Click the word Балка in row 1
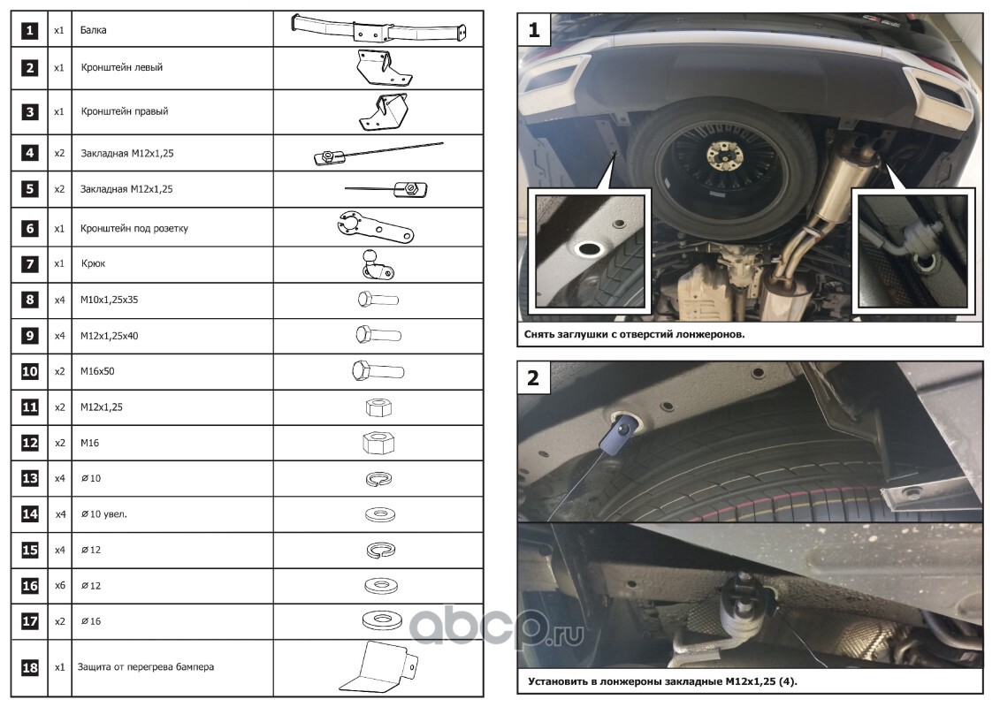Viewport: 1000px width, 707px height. click(x=93, y=30)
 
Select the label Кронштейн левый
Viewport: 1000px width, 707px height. click(x=122, y=67)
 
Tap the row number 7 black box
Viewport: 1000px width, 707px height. click(x=29, y=264)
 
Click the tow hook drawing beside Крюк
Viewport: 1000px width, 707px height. click(x=378, y=264)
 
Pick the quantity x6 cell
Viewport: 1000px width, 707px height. click(x=59, y=585)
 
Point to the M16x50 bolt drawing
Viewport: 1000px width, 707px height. click(x=378, y=371)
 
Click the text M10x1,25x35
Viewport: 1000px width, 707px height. click(x=109, y=300)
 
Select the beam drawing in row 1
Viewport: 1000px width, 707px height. click(x=378, y=28)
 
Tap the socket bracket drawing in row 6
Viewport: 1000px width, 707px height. click(x=376, y=228)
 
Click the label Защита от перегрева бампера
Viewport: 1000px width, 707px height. click(x=145, y=667)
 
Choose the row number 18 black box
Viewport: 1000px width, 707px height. click(x=29, y=667)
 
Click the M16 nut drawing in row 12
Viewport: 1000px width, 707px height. click(x=378, y=443)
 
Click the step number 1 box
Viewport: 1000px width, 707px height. click(x=534, y=30)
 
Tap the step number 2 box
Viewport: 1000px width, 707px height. click(x=534, y=378)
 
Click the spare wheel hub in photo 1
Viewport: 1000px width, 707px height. click(x=722, y=155)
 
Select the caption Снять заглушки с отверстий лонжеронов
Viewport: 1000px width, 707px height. click(x=634, y=334)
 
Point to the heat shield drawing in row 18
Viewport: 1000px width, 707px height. click(x=378, y=667)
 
